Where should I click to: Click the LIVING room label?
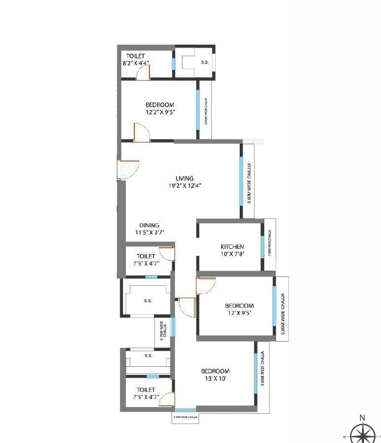(x=184, y=178)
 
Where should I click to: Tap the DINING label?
(x=149, y=225)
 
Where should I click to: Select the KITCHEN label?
(x=232, y=247)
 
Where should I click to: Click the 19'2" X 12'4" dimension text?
(x=185, y=185)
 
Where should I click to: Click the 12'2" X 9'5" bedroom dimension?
(x=160, y=112)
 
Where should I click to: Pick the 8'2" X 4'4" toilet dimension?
(x=136, y=63)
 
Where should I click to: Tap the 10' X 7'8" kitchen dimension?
(x=232, y=254)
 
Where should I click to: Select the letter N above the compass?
(x=362, y=418)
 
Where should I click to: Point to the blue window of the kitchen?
(x=262, y=246)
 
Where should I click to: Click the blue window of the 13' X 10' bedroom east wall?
(x=255, y=373)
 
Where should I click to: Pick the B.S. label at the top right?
(x=204, y=62)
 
